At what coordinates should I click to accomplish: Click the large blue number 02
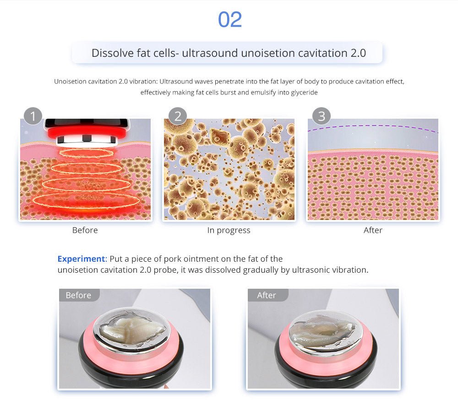(x=230, y=20)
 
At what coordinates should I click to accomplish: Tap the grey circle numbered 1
(x=33, y=116)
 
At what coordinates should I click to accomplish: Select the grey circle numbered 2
(x=178, y=116)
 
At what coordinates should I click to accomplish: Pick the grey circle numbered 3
(x=322, y=116)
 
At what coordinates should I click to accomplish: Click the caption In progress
(x=229, y=230)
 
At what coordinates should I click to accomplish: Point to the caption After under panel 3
(x=373, y=230)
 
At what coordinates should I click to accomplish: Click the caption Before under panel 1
(x=85, y=230)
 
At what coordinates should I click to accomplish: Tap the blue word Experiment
(x=81, y=259)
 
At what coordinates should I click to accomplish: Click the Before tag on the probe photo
(x=78, y=295)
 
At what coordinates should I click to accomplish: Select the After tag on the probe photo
(x=267, y=295)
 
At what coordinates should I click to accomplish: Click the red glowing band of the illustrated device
(x=87, y=132)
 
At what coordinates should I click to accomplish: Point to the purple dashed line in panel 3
(x=373, y=126)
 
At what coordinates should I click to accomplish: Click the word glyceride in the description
(x=304, y=92)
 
